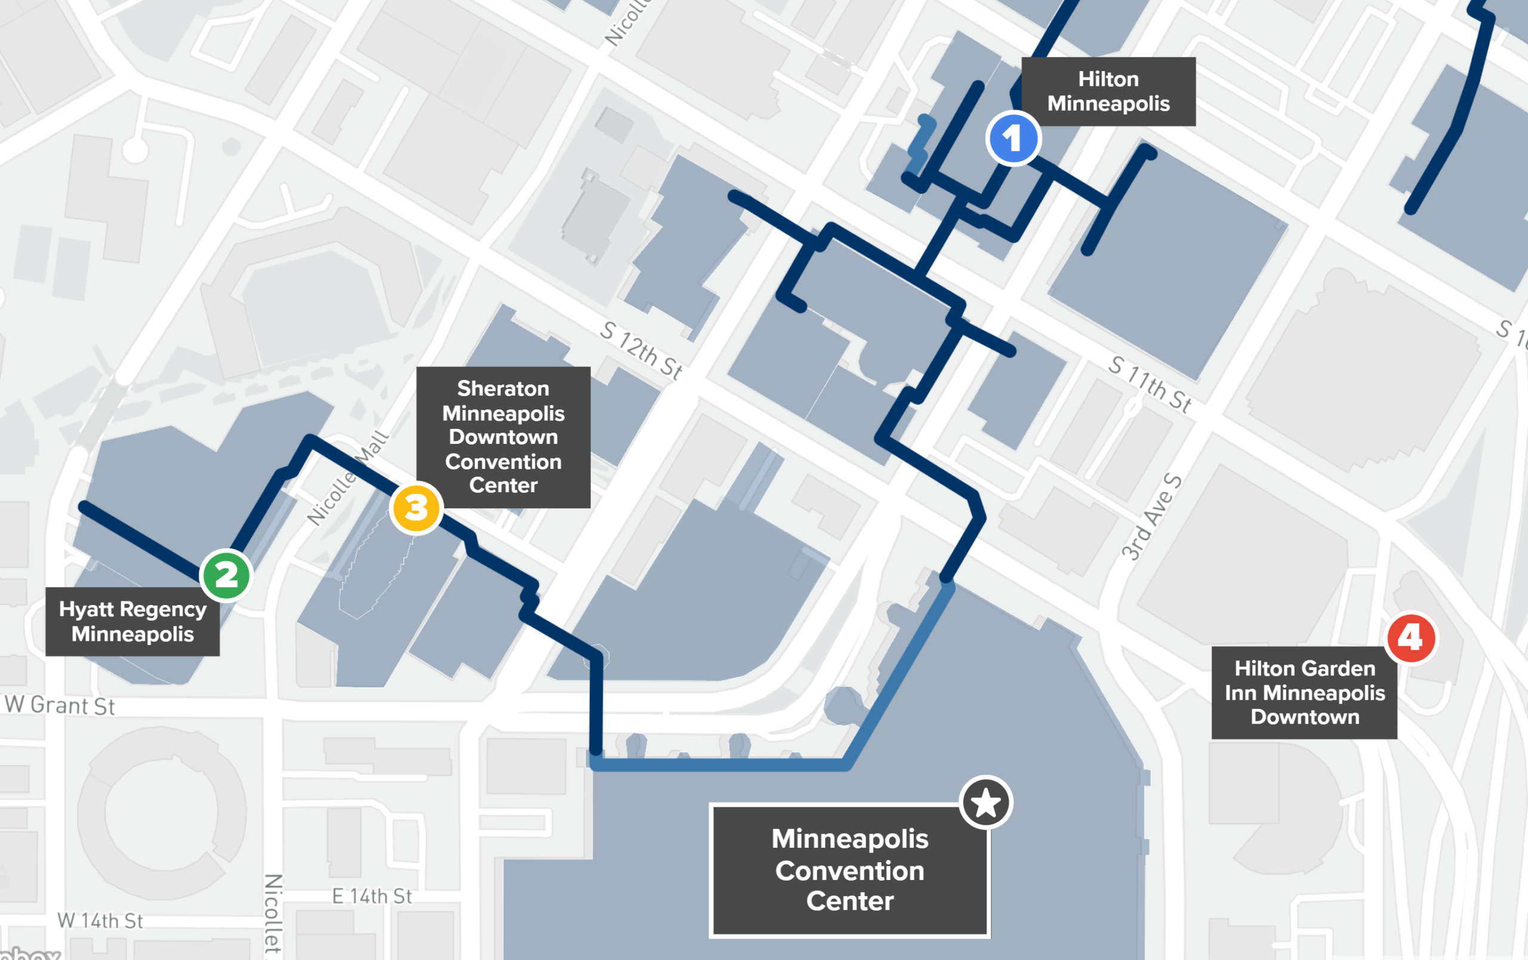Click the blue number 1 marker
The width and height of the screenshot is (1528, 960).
[x=1013, y=138]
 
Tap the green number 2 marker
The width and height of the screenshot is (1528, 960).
[x=226, y=576]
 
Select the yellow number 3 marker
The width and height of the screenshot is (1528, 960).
[x=416, y=508]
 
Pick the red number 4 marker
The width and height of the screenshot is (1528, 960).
[x=1411, y=638]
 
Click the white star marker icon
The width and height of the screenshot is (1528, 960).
[x=985, y=802]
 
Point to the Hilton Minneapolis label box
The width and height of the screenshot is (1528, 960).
[x=1108, y=91]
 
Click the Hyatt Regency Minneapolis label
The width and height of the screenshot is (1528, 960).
[x=133, y=621]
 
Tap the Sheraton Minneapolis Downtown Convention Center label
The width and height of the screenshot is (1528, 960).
[x=503, y=437]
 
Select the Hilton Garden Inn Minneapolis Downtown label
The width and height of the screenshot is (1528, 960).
[x=1304, y=692]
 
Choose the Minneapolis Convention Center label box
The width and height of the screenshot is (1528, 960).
[x=850, y=870]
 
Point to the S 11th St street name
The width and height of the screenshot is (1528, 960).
[x=1149, y=383]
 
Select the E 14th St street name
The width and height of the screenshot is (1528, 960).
[x=372, y=896]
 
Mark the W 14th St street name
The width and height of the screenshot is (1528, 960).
[x=100, y=921]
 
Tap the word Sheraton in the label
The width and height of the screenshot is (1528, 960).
[x=503, y=388]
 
